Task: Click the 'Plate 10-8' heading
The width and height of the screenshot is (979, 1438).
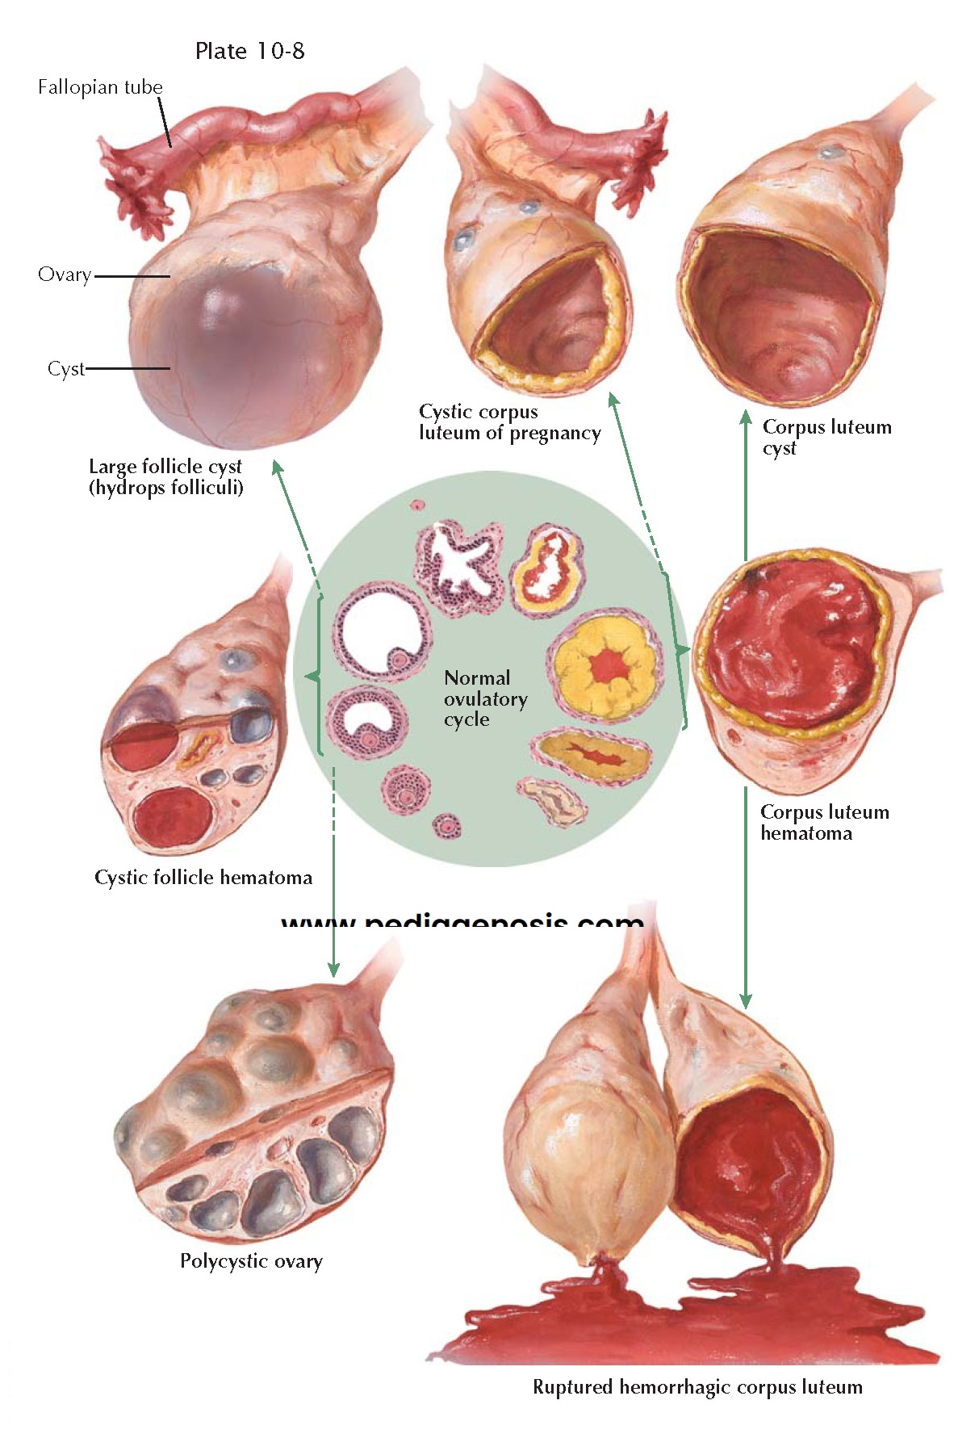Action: click(x=249, y=51)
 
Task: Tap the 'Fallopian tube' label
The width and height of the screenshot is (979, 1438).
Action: click(x=100, y=87)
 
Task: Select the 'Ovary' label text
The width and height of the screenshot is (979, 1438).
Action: click(x=64, y=275)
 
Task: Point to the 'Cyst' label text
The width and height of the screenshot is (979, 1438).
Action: click(x=65, y=369)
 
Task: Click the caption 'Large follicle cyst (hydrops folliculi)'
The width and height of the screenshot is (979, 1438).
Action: click(x=165, y=477)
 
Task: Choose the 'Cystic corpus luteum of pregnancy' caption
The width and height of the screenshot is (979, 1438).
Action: click(x=509, y=422)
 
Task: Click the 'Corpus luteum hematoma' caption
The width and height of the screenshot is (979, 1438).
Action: click(x=824, y=823)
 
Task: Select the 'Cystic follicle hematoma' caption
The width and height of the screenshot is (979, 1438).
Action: click(x=203, y=878)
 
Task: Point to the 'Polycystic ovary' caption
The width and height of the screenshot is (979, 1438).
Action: click(x=251, y=1261)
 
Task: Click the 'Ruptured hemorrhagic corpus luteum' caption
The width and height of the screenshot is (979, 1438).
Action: click(x=697, y=1387)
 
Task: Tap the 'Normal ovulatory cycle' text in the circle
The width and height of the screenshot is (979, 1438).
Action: click(x=484, y=698)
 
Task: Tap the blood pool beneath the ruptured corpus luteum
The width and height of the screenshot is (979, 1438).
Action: click(x=686, y=1324)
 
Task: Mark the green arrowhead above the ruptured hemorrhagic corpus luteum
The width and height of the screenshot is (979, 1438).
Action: click(x=746, y=1000)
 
